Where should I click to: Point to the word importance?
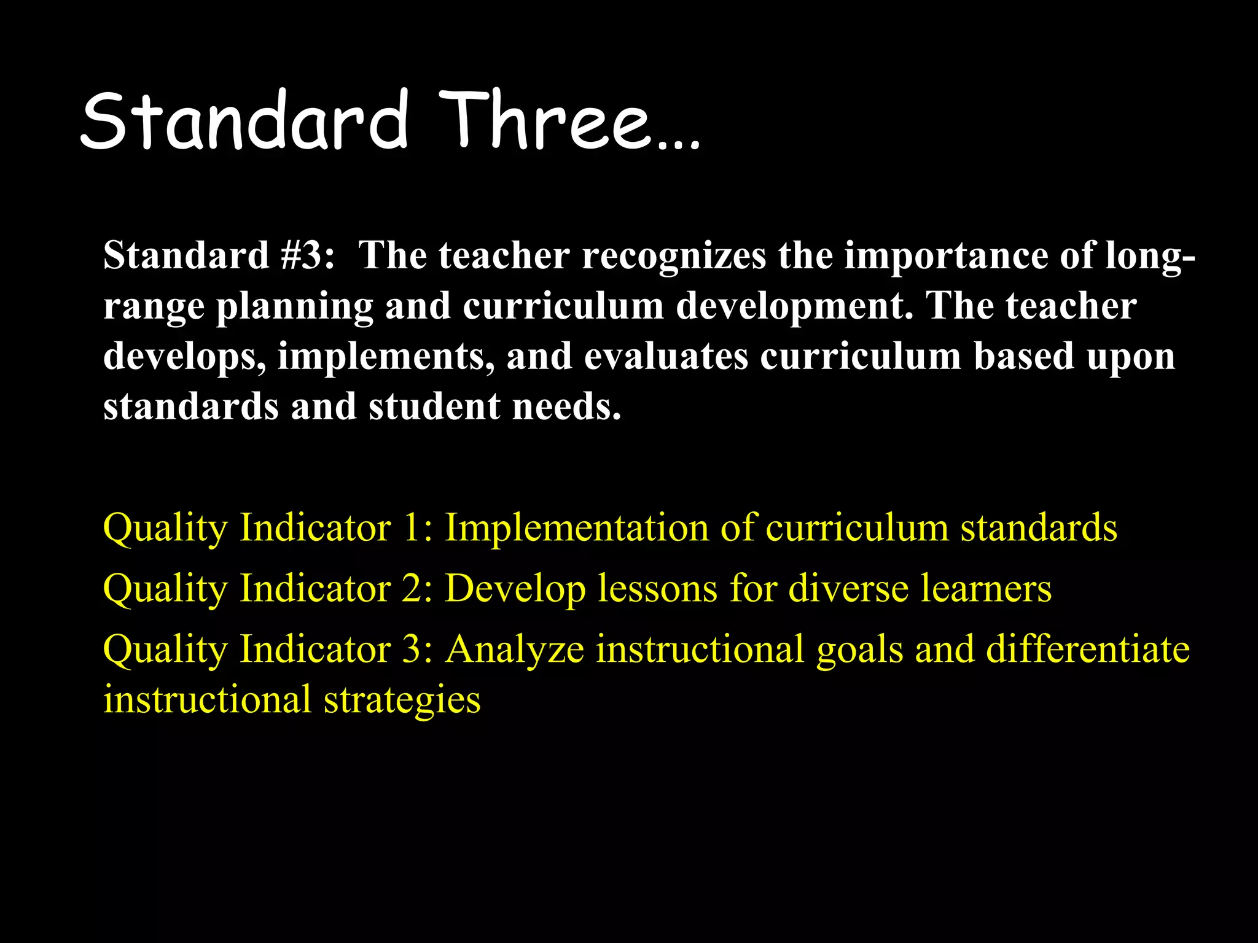coord(946,255)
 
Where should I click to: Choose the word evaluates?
coord(666,356)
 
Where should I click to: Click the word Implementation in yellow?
coord(577,528)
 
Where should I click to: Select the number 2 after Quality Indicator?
coord(411,588)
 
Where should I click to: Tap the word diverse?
coord(848,588)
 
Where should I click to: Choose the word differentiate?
coord(1088,649)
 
